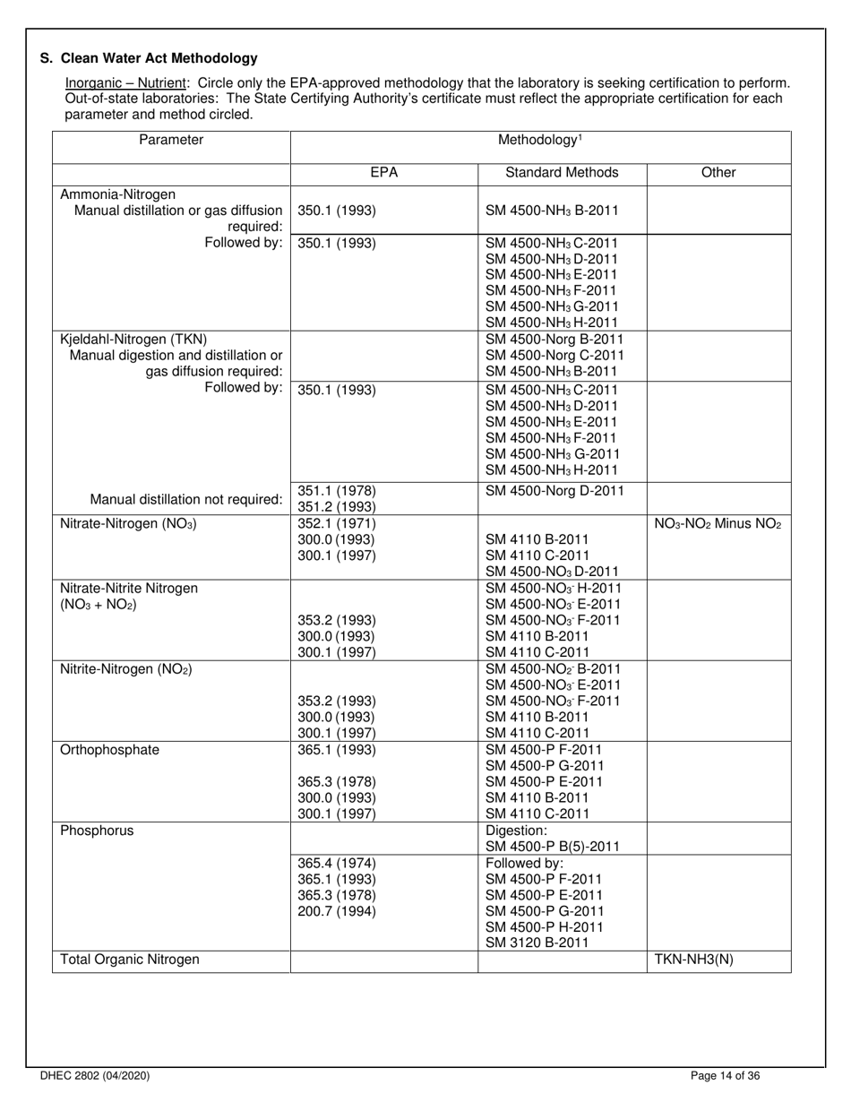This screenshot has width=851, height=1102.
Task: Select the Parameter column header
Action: pyautogui.click(x=170, y=140)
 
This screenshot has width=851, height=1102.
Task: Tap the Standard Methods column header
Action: pyautogui.click(x=562, y=173)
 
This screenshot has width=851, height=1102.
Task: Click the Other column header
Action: pyautogui.click(x=718, y=173)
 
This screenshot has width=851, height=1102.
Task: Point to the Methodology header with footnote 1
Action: pyautogui.click(x=540, y=140)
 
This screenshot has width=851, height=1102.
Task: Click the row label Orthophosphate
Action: pyautogui.click(x=109, y=750)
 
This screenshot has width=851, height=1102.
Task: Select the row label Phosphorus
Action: pyautogui.click(x=97, y=831)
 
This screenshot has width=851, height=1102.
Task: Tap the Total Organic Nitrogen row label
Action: pyautogui.click(x=129, y=960)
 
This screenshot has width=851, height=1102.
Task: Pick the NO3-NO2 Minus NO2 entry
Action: pyautogui.click(x=718, y=524)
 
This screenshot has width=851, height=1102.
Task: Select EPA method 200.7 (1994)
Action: pyautogui.click(x=336, y=911)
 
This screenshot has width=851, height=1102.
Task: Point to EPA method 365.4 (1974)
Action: pyautogui.click(x=336, y=863)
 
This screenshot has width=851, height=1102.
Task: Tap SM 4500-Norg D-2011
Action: pyautogui.click(x=554, y=490)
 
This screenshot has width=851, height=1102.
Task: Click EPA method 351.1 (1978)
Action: pyautogui.click(x=336, y=490)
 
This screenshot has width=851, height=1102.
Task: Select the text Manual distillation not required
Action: pyautogui.click(x=186, y=499)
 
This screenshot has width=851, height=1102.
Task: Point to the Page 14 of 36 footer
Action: pyautogui.click(x=726, y=1076)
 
